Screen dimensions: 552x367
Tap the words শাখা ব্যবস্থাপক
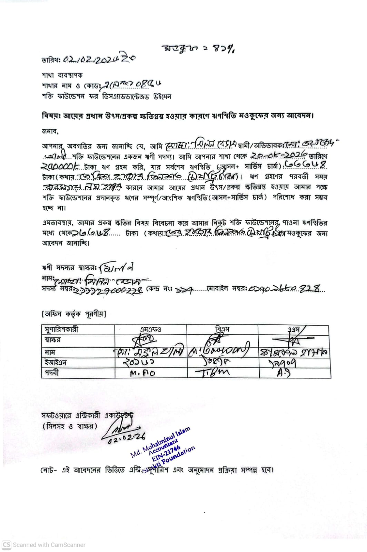(62, 75)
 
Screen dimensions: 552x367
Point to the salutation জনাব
(50, 131)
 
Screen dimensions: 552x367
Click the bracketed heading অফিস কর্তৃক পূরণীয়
(74, 314)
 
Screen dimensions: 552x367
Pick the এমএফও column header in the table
(150, 329)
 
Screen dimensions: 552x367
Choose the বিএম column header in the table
(222, 329)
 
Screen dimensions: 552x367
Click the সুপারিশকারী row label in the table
(62, 329)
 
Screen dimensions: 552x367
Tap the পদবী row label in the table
(52, 373)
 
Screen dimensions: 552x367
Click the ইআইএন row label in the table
(56, 363)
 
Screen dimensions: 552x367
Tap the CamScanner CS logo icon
(7, 545)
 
